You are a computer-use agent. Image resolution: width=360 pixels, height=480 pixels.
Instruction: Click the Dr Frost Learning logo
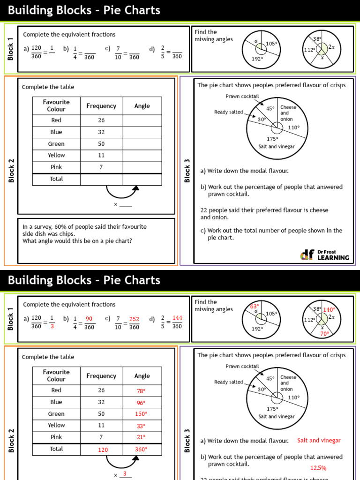324,255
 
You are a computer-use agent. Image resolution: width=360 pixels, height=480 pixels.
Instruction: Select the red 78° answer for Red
141,390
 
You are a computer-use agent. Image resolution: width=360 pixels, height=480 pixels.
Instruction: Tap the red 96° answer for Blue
141,403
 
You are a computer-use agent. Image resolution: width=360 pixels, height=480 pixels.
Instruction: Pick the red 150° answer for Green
141,414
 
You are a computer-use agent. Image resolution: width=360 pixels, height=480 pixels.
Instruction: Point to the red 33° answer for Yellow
141,426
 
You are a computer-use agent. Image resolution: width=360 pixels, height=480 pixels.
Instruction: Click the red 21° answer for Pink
141,437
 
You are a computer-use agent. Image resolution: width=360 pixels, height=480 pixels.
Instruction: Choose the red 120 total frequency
103,450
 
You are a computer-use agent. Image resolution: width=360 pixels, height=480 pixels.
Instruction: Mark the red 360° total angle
141,449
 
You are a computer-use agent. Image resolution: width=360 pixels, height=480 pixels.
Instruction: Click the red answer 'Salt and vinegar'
319,441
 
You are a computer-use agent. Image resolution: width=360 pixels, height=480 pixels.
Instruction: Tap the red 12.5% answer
318,468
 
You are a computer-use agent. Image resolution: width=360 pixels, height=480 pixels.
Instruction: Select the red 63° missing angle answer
255,306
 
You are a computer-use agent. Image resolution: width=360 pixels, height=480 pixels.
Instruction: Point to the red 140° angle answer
330,309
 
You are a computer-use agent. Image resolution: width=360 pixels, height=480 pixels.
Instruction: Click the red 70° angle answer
324,334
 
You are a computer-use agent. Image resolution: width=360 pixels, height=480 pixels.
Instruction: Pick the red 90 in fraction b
89,319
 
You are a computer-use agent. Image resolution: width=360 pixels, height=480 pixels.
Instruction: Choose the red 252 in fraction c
134,319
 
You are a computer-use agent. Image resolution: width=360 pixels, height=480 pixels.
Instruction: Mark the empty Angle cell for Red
142,120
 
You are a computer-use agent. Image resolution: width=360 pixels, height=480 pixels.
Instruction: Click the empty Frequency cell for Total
101,179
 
